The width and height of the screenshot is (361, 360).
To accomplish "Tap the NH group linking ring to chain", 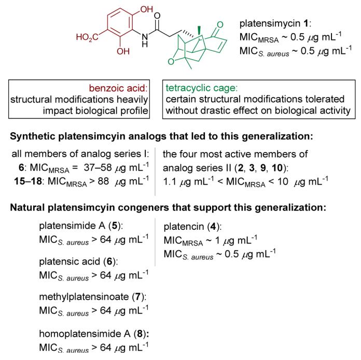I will (x=146, y=41).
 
